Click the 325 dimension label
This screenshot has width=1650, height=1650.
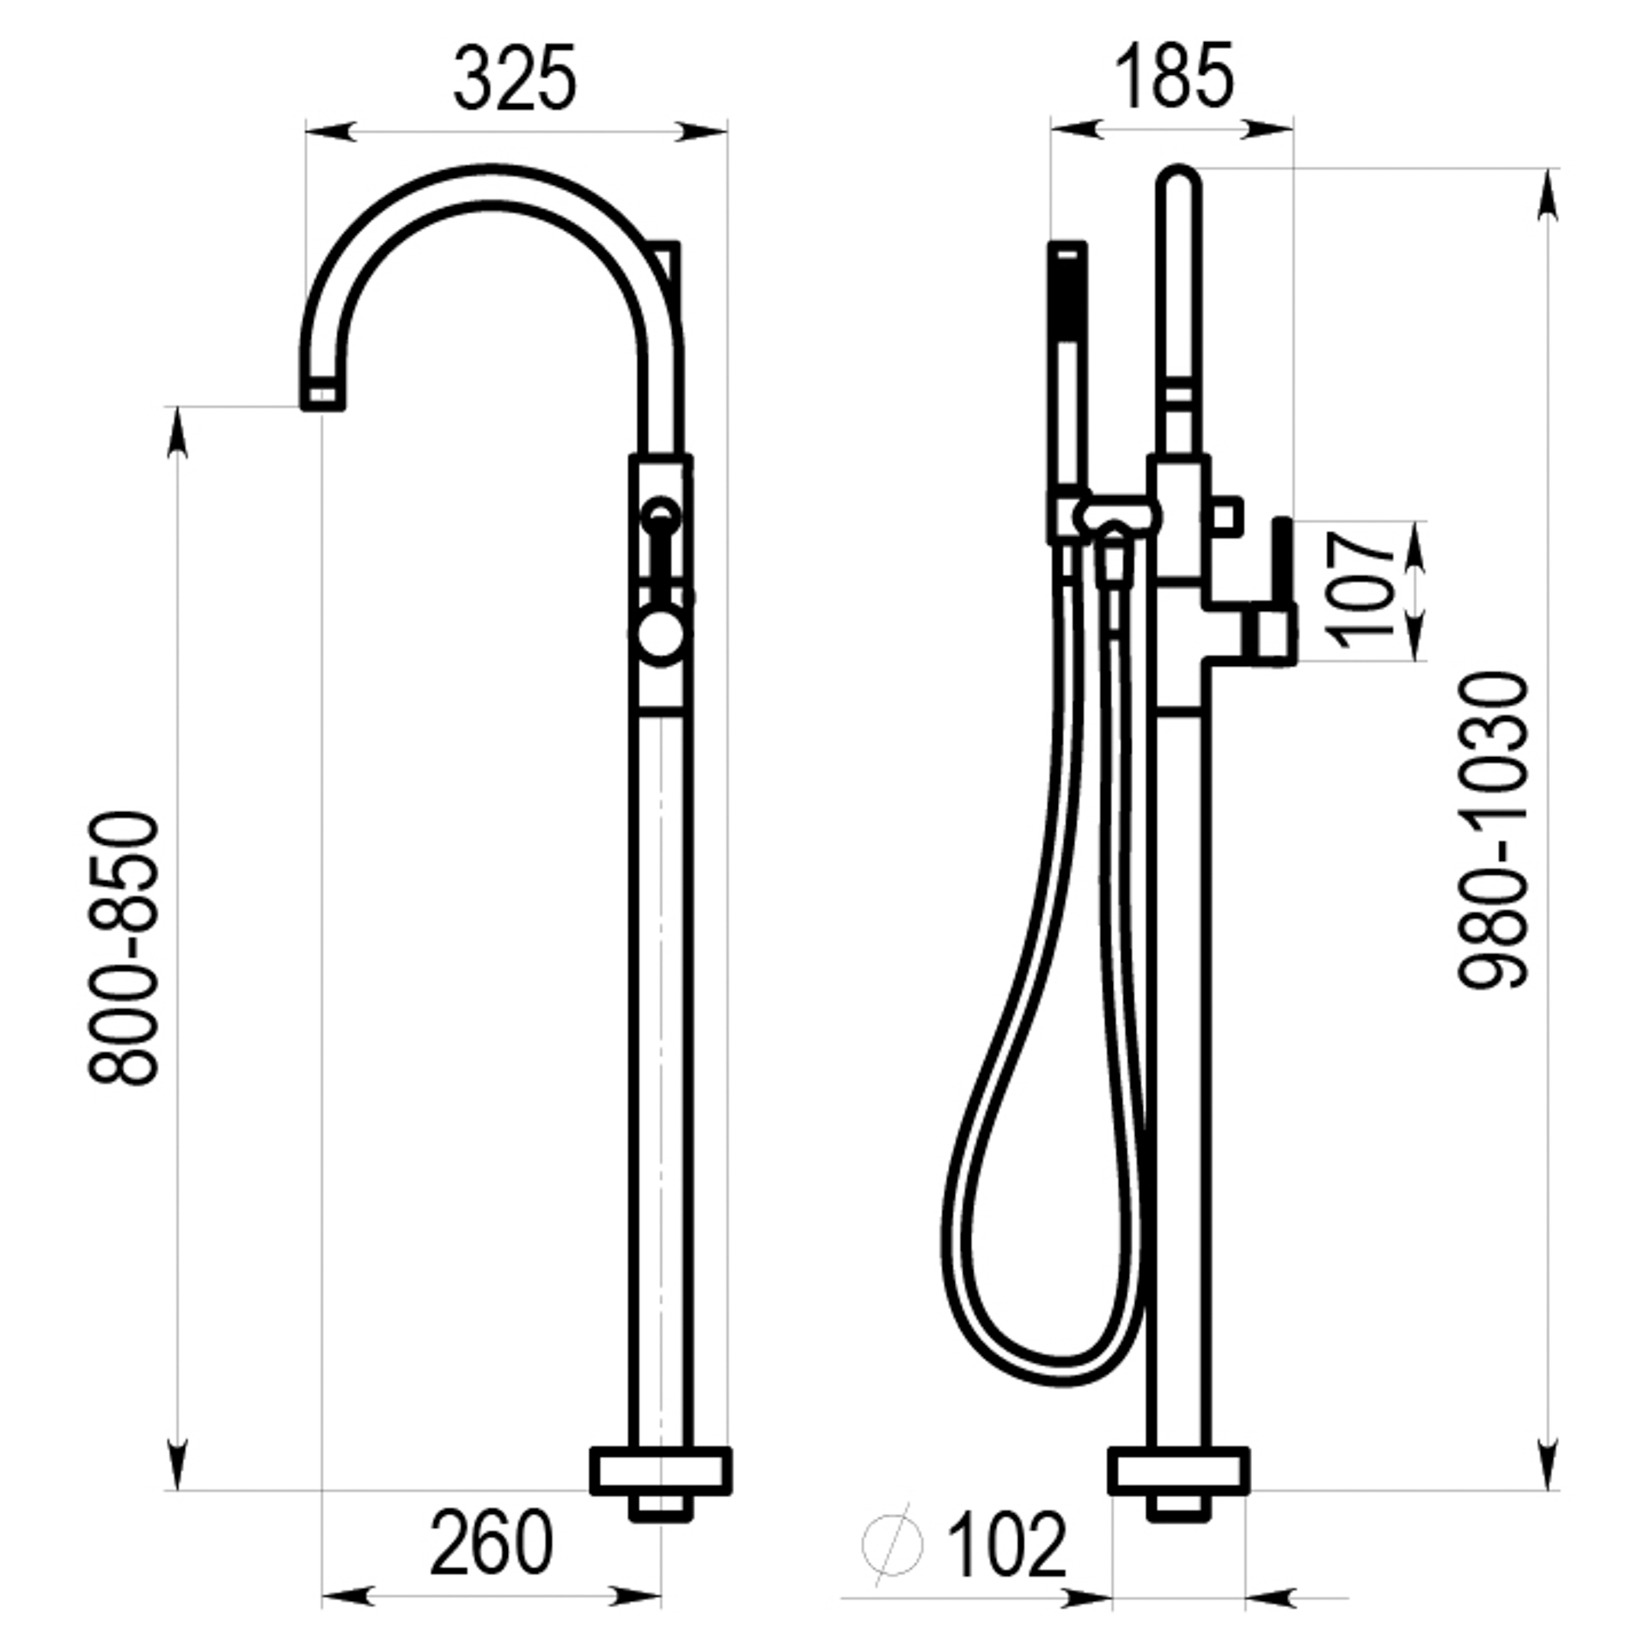tap(515, 78)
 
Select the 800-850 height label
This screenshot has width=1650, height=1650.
tap(124, 949)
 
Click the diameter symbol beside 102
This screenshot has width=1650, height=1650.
tap(892, 1544)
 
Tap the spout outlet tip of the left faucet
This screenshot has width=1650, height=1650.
tap(322, 396)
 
